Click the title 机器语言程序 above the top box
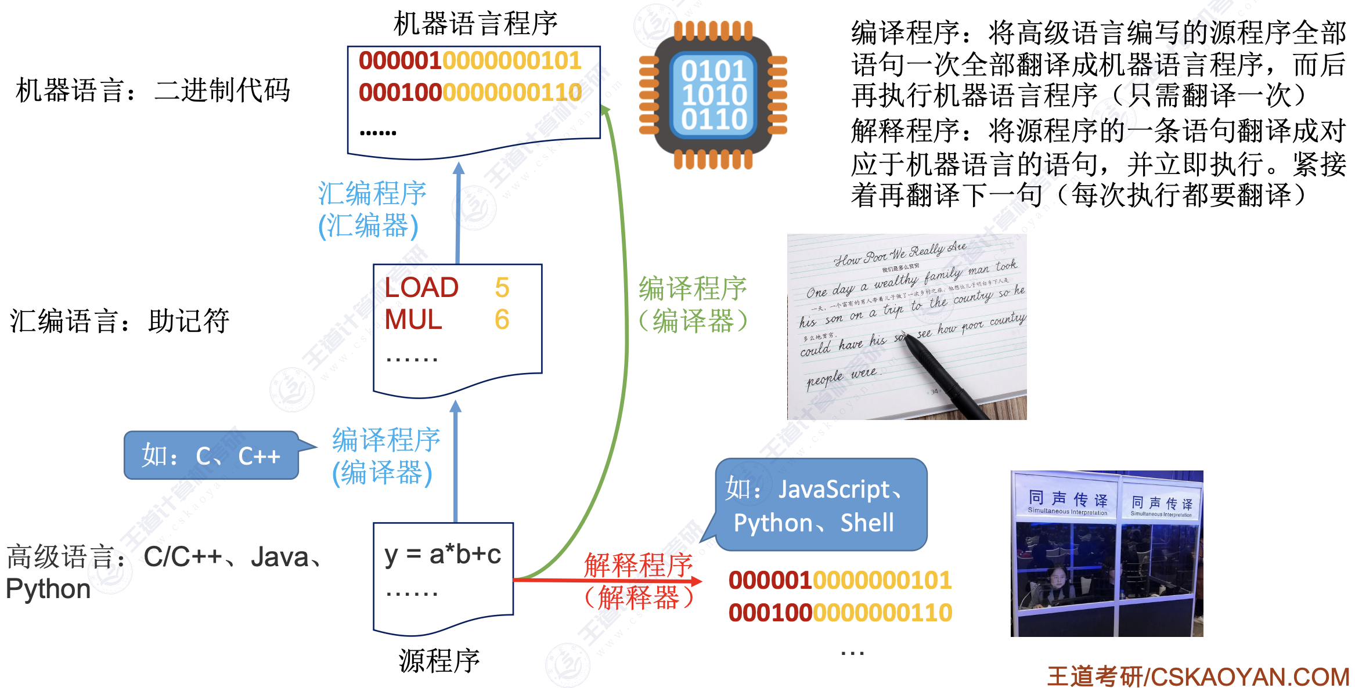(475, 24)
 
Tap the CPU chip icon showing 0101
(713, 95)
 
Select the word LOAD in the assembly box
(421, 288)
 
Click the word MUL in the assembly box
(413, 320)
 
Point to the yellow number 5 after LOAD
(502, 288)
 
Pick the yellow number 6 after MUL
(502, 320)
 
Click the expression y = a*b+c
(442, 555)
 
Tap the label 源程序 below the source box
(439, 661)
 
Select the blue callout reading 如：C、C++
(211, 455)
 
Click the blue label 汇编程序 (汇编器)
(372, 209)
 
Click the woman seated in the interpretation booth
(1058, 583)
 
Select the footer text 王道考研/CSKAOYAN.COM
(1198, 676)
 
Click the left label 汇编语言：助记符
(120, 321)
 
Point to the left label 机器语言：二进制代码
(153, 90)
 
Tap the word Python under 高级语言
(48, 589)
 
